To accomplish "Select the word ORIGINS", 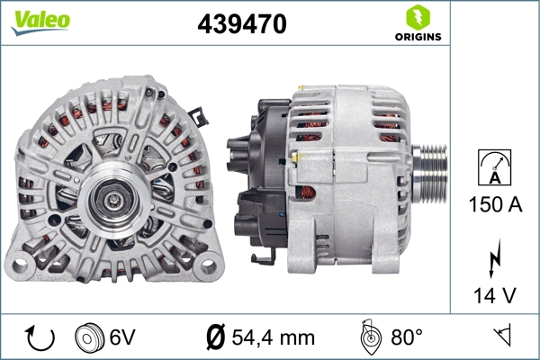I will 417,37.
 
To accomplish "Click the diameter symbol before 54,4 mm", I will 215,337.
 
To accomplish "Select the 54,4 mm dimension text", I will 272,337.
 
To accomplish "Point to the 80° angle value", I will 406,337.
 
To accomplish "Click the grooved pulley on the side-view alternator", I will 433,171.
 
